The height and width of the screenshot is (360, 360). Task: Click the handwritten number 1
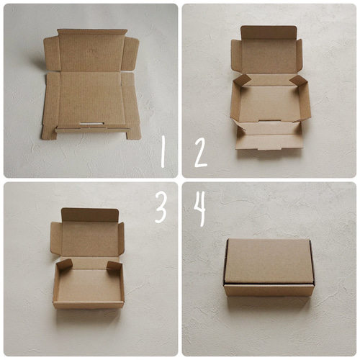click(x=163, y=151)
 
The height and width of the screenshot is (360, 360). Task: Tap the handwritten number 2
click(x=201, y=153)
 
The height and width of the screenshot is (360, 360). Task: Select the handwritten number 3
click(x=161, y=207)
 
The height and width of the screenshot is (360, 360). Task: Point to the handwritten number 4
click(x=200, y=209)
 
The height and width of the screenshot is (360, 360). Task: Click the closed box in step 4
click(x=269, y=267)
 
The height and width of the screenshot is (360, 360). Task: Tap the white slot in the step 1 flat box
click(x=92, y=124)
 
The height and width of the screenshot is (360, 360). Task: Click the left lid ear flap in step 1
click(x=51, y=53)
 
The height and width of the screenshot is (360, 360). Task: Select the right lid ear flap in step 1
click(x=130, y=54)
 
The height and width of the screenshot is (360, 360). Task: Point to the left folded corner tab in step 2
click(x=241, y=80)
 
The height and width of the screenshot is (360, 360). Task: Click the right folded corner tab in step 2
click(x=298, y=81)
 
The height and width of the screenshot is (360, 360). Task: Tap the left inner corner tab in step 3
click(x=64, y=265)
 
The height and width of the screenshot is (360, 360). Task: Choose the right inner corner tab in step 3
click(x=114, y=266)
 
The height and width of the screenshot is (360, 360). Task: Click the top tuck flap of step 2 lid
click(x=269, y=32)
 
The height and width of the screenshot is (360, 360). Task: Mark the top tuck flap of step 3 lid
click(x=90, y=215)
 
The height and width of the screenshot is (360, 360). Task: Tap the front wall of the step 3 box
click(x=89, y=305)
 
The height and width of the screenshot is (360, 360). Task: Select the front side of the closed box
click(x=269, y=290)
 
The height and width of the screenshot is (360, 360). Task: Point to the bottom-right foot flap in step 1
click(x=134, y=132)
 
